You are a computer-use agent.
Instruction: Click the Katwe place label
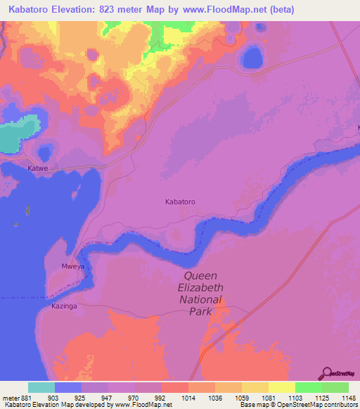pos(37,169)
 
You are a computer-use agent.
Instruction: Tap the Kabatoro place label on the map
pos(180,202)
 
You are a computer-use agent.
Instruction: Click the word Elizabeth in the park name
pos(199,288)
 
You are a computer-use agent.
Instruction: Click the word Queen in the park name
pos(200,276)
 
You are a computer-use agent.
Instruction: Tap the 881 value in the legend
pos(20,397)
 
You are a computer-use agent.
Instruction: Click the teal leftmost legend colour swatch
pos(41,387)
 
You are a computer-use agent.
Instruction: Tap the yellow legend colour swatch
pos(281,387)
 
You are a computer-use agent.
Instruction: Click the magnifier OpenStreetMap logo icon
pos(326,374)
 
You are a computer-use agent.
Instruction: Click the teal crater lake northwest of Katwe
pos(17,134)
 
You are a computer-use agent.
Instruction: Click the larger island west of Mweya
pos(27,210)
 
